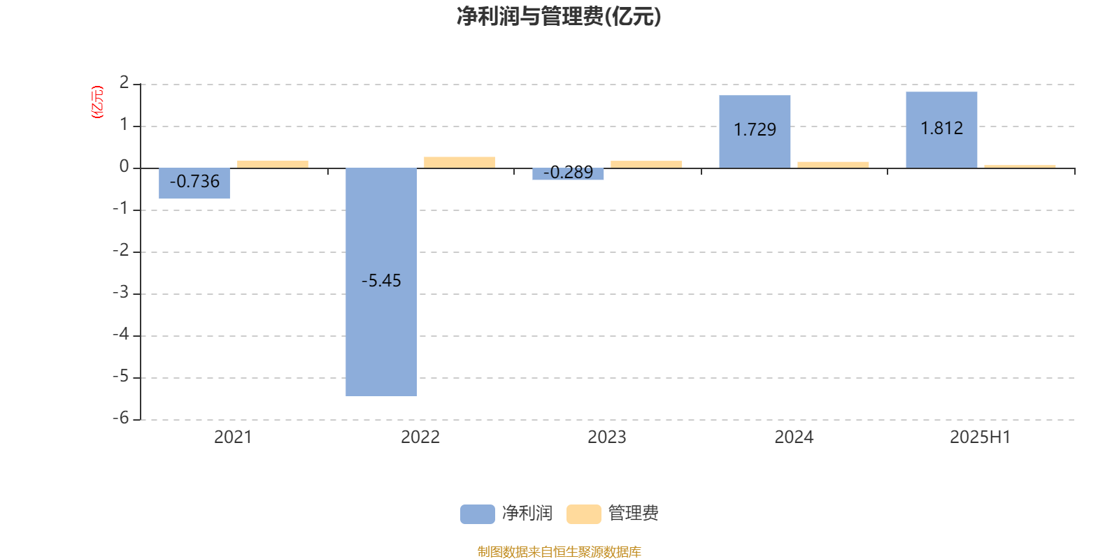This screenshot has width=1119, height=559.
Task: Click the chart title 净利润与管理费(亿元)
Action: (559, 17)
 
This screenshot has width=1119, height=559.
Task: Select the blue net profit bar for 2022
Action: (381, 282)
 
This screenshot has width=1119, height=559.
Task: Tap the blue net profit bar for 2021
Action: (194, 183)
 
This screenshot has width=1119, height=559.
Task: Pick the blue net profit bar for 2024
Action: (755, 132)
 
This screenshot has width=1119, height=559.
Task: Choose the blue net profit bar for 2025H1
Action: (941, 130)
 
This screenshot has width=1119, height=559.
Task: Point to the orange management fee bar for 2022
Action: (459, 163)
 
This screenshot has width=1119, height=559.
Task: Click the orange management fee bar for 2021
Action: (273, 164)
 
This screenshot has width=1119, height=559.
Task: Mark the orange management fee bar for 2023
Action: (646, 164)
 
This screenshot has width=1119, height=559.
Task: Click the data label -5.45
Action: (381, 280)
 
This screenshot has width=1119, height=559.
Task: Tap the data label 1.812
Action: (941, 129)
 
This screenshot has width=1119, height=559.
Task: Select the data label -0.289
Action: (568, 172)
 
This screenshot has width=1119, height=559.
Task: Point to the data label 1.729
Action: (755, 130)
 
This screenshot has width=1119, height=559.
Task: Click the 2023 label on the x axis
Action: (607, 437)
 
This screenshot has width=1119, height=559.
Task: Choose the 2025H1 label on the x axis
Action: (980, 437)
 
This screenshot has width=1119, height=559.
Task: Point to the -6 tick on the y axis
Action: (121, 418)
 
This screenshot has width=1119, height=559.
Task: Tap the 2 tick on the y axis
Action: (124, 82)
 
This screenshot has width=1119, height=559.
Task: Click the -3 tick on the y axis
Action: (121, 292)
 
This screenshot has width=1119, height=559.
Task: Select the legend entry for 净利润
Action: (506, 514)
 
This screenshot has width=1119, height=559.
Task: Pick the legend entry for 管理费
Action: (613, 514)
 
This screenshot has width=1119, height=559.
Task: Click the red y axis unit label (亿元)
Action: (97, 102)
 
